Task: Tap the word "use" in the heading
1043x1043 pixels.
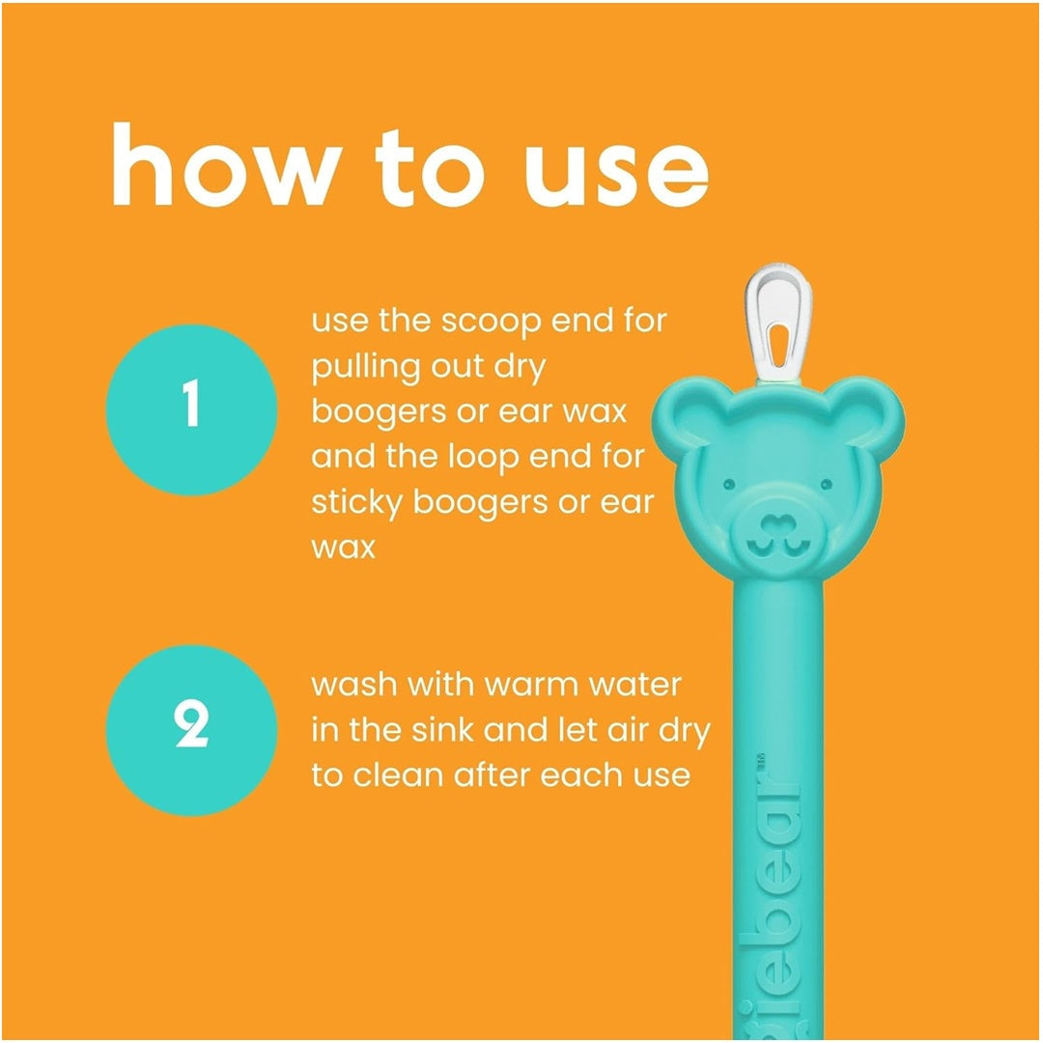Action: (616, 173)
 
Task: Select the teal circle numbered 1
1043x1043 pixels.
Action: (191, 409)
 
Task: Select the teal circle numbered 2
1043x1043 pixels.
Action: (191, 730)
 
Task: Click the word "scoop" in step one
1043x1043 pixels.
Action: (491, 323)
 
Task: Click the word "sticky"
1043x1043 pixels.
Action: (356, 503)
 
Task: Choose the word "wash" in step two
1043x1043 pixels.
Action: (353, 685)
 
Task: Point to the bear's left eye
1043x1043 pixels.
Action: (728, 484)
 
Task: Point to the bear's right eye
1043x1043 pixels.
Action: (826, 484)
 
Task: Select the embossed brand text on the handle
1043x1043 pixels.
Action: (771, 898)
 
